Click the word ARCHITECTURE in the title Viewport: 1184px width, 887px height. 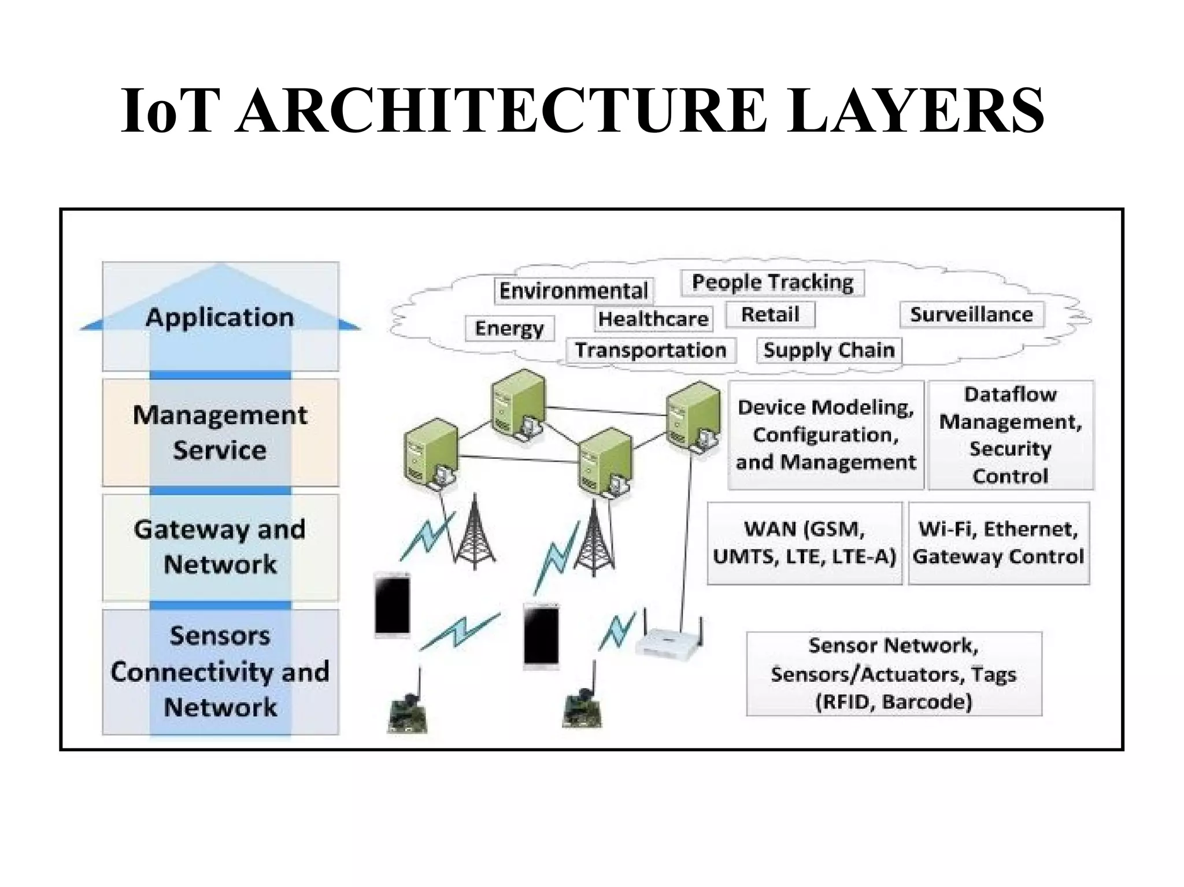pyautogui.click(x=502, y=111)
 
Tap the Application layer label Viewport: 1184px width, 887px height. pyautogui.click(x=220, y=317)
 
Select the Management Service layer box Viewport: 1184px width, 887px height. pyautogui.click(x=220, y=432)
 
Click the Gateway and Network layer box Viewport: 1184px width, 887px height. pyautogui.click(x=220, y=547)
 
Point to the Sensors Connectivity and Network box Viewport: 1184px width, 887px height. pyautogui.click(x=220, y=671)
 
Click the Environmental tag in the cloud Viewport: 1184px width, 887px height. pyautogui.click(x=573, y=291)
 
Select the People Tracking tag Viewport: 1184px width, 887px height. pyautogui.click(x=772, y=283)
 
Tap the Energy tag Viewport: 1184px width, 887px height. pyautogui.click(x=509, y=328)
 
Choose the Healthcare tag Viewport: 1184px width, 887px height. pyautogui.click(x=653, y=319)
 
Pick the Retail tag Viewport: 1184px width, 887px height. pyautogui.click(x=770, y=315)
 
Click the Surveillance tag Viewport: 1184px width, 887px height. pyautogui.click(x=971, y=315)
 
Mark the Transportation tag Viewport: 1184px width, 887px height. pyautogui.click(x=650, y=350)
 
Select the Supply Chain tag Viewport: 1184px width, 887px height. pyautogui.click(x=829, y=350)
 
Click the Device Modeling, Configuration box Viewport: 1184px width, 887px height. pyautogui.click(x=826, y=435)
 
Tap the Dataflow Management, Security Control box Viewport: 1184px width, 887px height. pyautogui.click(x=1010, y=435)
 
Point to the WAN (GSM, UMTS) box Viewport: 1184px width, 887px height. pyautogui.click(x=804, y=543)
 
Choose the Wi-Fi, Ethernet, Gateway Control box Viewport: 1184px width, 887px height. pyautogui.click(x=998, y=543)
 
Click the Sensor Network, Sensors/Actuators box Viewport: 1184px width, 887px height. pyautogui.click(x=894, y=673)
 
